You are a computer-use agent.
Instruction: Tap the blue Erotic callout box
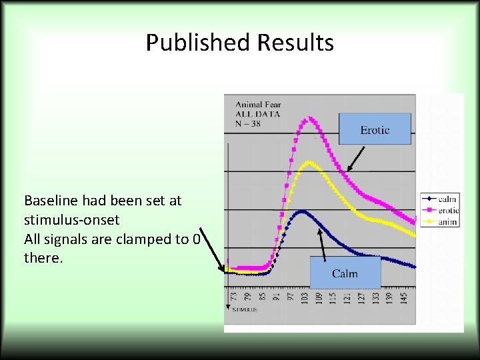(375, 129)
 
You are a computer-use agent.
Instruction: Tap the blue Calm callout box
(345, 273)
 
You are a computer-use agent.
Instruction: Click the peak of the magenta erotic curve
(307, 119)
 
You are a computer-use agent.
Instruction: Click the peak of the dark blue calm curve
(303, 211)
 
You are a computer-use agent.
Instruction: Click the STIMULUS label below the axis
(245, 310)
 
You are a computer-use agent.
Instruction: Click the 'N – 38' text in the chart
(248, 123)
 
